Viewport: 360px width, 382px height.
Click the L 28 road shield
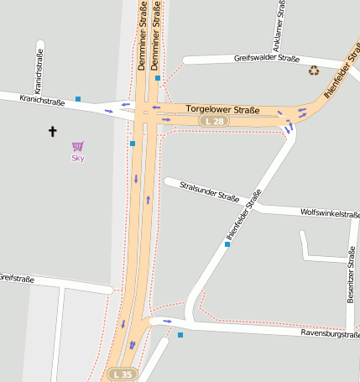(x=214, y=122)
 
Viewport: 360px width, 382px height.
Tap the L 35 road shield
(x=123, y=374)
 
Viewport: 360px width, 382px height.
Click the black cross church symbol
(x=54, y=131)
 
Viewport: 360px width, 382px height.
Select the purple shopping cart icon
(x=77, y=146)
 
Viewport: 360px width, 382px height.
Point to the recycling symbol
(x=314, y=71)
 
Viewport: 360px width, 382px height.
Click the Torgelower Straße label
(x=222, y=110)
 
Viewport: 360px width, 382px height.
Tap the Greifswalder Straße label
(x=267, y=59)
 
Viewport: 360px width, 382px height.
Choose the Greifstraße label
(x=15, y=277)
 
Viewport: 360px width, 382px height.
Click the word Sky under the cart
(x=77, y=158)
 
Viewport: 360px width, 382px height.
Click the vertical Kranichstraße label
(x=39, y=71)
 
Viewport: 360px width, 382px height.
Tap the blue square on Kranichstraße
(x=78, y=99)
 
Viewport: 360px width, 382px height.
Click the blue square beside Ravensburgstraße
(x=180, y=335)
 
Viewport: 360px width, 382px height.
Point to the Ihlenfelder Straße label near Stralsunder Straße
(x=243, y=215)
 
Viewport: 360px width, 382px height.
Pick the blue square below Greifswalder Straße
(x=157, y=78)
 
